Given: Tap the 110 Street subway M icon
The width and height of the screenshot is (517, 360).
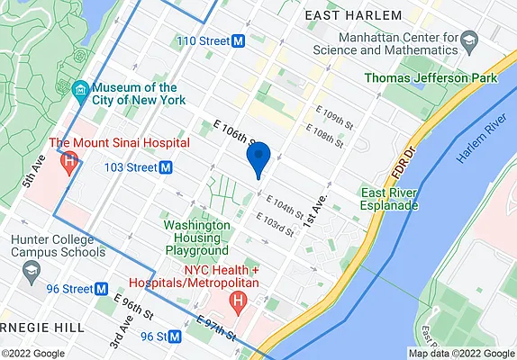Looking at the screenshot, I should pyautogui.click(x=239, y=41).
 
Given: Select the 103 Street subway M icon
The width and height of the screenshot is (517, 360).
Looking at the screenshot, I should pyautogui.click(x=166, y=167).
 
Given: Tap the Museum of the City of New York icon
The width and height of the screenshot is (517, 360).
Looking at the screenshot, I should pyautogui.click(x=79, y=89).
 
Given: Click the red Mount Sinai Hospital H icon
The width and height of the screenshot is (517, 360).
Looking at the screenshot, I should pyautogui.click(x=70, y=161).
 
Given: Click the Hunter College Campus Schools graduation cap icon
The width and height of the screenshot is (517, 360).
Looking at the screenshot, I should pyautogui.click(x=32, y=269).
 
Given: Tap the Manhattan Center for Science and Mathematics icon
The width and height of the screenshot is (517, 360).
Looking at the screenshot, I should pyautogui.click(x=468, y=40).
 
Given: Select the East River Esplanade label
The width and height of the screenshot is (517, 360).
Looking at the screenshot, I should pyautogui.click(x=390, y=199).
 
